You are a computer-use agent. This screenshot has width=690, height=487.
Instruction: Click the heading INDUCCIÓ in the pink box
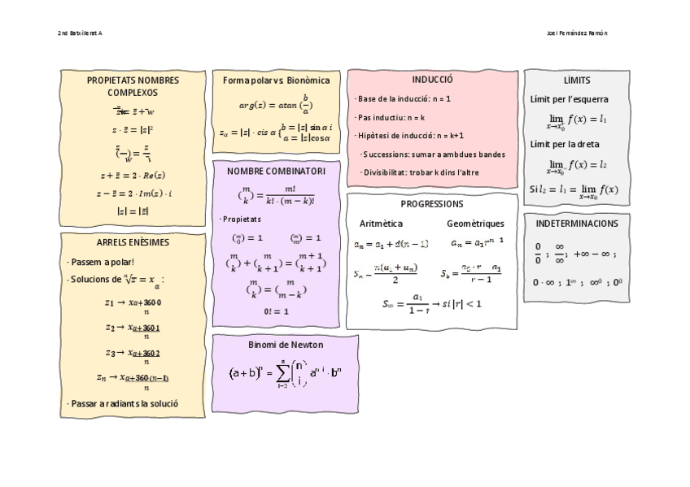(x=432, y=80)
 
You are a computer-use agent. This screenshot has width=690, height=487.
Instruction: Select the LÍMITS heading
(x=577, y=80)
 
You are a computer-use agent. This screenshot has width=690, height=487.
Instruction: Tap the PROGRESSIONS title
(x=432, y=204)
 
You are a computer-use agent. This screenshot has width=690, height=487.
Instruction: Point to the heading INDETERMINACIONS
(x=577, y=224)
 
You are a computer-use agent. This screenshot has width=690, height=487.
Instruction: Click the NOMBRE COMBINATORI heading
(x=276, y=172)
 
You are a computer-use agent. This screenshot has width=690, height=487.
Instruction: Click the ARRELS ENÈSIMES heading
(x=133, y=242)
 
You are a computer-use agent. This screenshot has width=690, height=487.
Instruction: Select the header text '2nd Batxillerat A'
(x=80, y=33)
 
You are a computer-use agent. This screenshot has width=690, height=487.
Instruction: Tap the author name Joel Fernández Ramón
(x=577, y=33)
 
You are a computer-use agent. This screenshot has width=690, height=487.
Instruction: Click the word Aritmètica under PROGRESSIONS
(x=381, y=224)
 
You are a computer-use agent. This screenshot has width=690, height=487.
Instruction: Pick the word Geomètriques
(x=475, y=224)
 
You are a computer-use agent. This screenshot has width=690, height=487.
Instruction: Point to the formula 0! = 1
(x=276, y=311)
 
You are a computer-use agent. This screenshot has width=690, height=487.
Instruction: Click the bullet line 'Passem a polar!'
(x=102, y=262)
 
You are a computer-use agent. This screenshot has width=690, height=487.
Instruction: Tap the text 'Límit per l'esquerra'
(x=569, y=100)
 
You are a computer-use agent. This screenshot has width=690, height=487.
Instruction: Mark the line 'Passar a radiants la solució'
(x=122, y=403)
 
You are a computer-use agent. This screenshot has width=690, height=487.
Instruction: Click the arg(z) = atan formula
(x=276, y=105)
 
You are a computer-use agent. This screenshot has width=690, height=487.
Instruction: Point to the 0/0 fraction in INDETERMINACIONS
(x=538, y=253)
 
